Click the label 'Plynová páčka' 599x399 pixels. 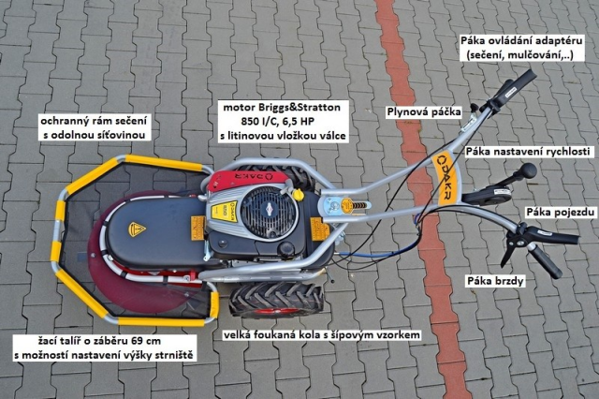(x=424, y=112)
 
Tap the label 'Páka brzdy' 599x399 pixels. (x=495, y=281)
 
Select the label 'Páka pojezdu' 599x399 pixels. (x=561, y=212)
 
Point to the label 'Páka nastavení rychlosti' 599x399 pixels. (x=528, y=152)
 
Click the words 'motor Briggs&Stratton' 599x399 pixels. (x=282, y=107)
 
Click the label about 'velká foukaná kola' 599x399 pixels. (x=322, y=335)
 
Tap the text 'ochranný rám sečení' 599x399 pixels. (x=94, y=121)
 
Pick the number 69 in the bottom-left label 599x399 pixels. (x=137, y=341)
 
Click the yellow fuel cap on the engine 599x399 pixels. (x=298, y=195)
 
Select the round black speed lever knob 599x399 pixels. (x=529, y=170)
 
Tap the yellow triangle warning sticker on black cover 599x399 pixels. (x=137, y=229)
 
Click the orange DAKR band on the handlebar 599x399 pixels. (x=446, y=179)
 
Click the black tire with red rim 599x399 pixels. (x=277, y=300)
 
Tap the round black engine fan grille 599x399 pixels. (x=269, y=212)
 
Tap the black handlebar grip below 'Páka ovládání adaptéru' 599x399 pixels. (x=514, y=87)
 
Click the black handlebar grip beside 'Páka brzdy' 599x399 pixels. (x=546, y=261)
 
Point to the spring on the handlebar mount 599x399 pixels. (x=360, y=205)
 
